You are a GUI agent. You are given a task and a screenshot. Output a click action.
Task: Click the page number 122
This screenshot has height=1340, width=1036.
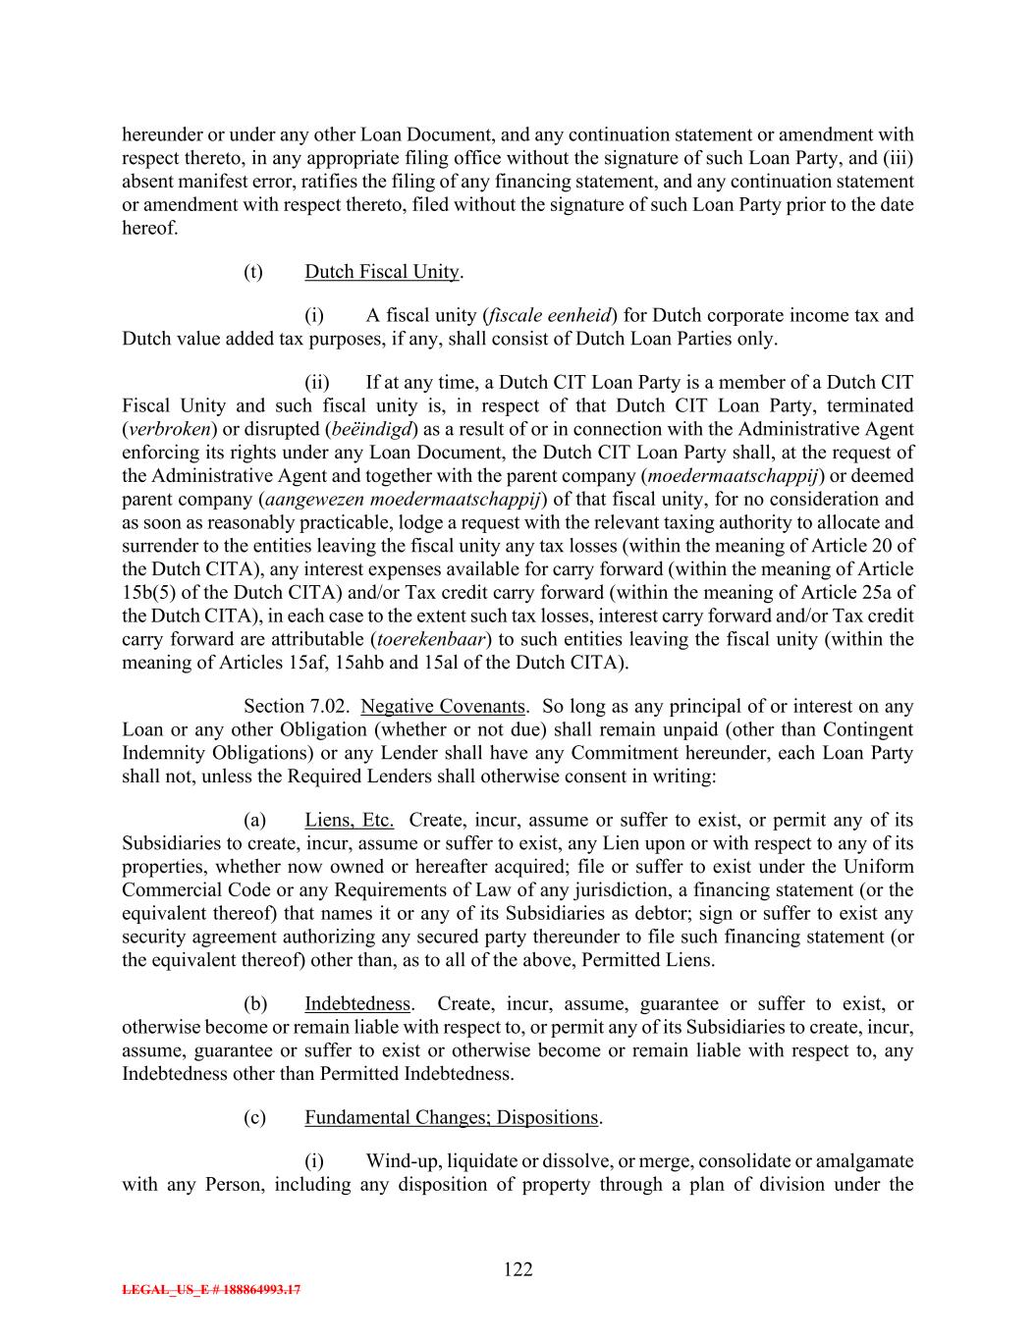click(x=518, y=1269)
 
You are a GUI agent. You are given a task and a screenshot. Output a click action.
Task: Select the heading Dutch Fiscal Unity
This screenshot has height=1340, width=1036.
click(x=381, y=271)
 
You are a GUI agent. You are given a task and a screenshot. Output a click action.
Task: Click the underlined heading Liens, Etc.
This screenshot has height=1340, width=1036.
click(x=349, y=820)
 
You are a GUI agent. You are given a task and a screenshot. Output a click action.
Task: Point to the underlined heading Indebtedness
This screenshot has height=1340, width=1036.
click(x=356, y=1003)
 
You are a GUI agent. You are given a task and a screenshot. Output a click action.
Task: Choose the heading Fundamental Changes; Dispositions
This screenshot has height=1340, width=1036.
click(x=451, y=1117)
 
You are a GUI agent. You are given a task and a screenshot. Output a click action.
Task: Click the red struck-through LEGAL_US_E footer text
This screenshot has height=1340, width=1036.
click(x=211, y=1290)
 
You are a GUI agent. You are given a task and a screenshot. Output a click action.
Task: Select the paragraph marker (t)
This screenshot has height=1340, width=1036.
click(x=253, y=271)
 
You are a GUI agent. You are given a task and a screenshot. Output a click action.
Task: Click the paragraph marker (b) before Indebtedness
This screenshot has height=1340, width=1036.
click(x=254, y=1003)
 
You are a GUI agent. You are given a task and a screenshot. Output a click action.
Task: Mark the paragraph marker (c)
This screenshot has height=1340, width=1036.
click(x=254, y=1117)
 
